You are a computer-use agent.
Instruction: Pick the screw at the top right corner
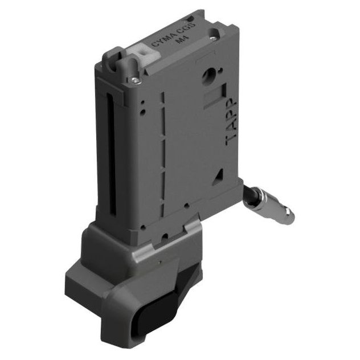point(212,39)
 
